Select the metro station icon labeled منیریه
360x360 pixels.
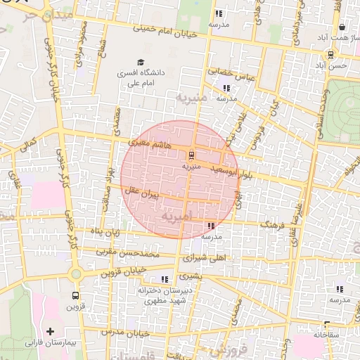[x=191, y=155]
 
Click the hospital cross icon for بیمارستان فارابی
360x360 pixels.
[x=50, y=330]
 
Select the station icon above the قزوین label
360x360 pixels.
[x=75, y=296]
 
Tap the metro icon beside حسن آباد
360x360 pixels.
[x=330, y=55]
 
